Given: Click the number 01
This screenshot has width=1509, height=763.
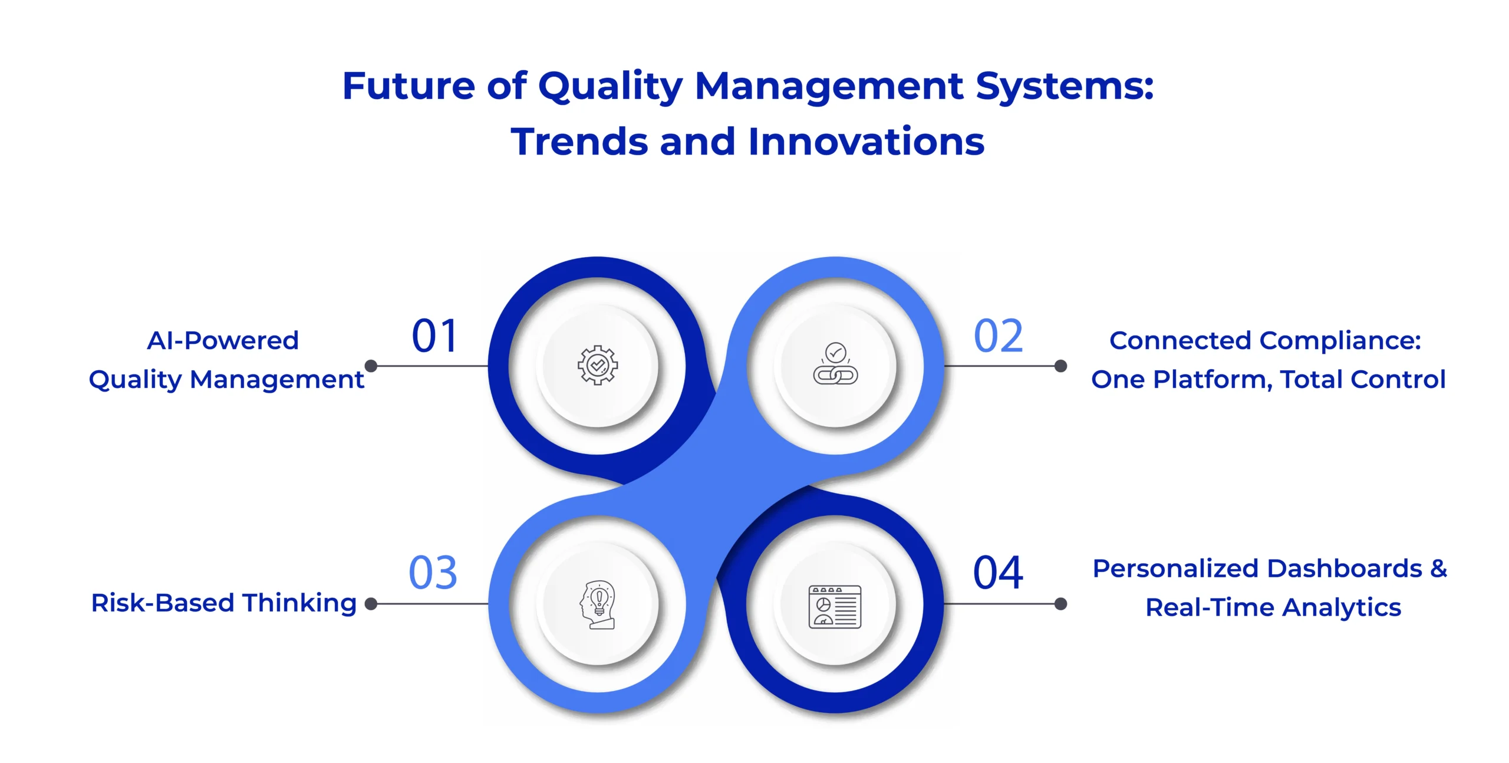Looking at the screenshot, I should click(434, 336).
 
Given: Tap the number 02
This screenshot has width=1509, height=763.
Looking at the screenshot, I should click(998, 336).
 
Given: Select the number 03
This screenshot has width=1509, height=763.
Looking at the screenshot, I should click(433, 573).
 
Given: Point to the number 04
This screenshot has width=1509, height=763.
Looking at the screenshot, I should click(998, 573).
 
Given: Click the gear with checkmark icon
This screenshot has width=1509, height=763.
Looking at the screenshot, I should click(598, 366).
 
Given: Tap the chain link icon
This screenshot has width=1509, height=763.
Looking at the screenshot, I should click(835, 364).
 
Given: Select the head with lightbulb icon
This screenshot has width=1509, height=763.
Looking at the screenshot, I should click(598, 604).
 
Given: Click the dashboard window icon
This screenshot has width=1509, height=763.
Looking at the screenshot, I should click(835, 606).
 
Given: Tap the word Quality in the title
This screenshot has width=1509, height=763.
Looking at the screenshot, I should click(610, 87).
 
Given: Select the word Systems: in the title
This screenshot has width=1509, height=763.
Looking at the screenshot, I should click(1065, 87).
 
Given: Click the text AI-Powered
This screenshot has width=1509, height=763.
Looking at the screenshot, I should click(223, 341).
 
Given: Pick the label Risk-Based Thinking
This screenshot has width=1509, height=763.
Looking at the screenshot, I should click(224, 603).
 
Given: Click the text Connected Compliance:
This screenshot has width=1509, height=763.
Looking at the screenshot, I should click(1265, 341).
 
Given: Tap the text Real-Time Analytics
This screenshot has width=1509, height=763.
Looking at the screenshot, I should click(1273, 607).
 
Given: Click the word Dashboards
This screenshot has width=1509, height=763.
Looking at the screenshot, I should click(1345, 569).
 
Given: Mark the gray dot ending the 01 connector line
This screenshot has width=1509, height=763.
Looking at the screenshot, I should click(371, 366).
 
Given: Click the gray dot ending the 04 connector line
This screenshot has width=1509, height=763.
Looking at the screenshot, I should click(1060, 604).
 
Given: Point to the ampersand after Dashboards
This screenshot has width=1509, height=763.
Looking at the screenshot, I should click(1439, 569).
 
